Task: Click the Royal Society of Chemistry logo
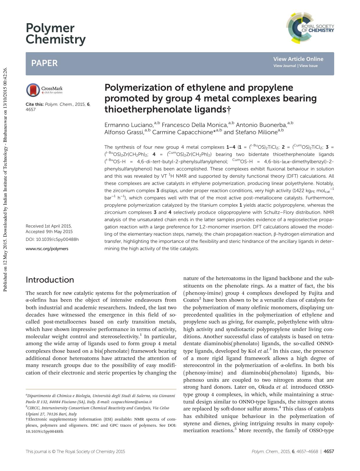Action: (x=310, y=28)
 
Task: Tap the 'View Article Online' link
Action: (x=298, y=59)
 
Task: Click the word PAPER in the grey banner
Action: (x=44, y=63)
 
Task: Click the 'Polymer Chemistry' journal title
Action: (x=55, y=34)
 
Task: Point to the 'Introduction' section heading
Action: (x=50, y=280)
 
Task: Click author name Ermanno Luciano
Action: (x=129, y=125)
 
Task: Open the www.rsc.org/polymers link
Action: (x=47, y=248)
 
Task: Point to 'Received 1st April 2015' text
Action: (x=48, y=226)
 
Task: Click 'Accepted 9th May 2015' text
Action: (x=49, y=232)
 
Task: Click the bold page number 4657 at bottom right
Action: (x=329, y=451)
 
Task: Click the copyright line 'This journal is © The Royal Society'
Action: (x=75, y=451)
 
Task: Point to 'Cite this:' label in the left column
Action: (x=35, y=104)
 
